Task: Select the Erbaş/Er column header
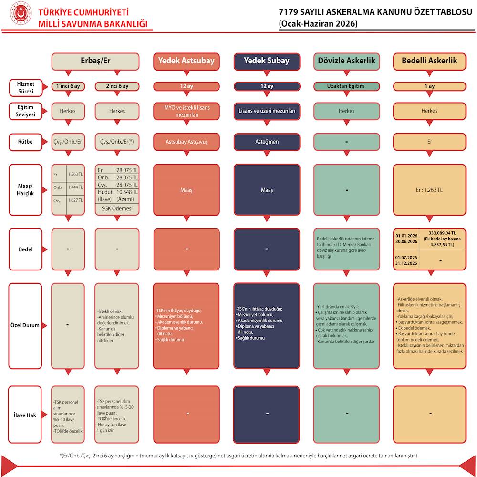click(x=95, y=61)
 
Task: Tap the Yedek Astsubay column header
click(x=186, y=61)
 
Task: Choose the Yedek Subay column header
click(x=267, y=61)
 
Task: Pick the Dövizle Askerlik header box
click(x=346, y=61)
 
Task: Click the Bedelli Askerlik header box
click(x=429, y=61)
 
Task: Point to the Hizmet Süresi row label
click(x=25, y=87)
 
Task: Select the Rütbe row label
click(x=25, y=142)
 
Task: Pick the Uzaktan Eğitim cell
click(x=346, y=86)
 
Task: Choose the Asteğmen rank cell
click(x=267, y=142)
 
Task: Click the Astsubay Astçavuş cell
click(x=186, y=142)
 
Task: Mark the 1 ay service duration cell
click(x=429, y=86)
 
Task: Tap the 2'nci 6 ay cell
click(x=117, y=86)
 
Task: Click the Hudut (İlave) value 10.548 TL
click(x=126, y=192)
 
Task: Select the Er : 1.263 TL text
click(x=429, y=190)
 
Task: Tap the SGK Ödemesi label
click(x=117, y=209)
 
